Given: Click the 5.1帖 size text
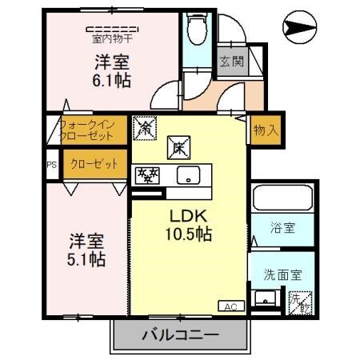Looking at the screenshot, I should tap(86, 259).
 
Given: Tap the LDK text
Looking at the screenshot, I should tap(189, 215).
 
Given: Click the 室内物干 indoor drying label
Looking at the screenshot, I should tap(111, 36).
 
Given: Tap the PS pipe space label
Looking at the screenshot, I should tap(51, 165).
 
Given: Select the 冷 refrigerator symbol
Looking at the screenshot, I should tap(146, 126).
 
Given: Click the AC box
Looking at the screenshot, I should tap(230, 306).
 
